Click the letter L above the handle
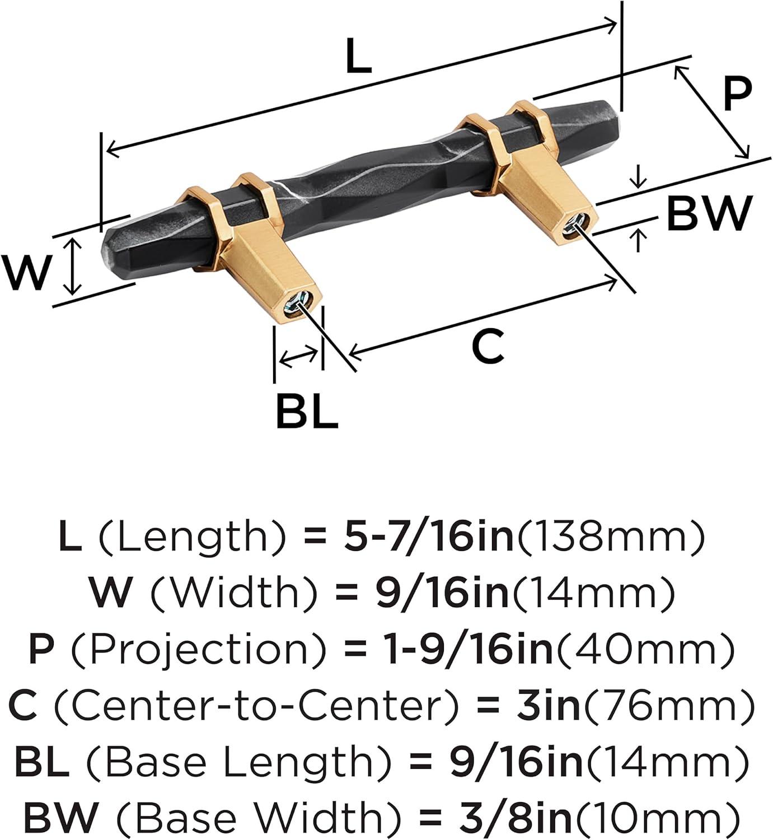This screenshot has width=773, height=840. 359,55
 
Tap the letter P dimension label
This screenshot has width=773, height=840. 737,94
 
